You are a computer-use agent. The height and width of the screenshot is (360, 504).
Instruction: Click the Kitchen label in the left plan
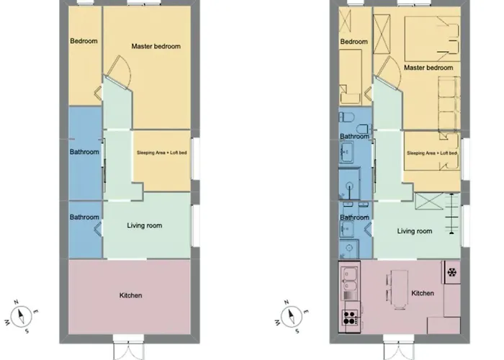coord(130,295)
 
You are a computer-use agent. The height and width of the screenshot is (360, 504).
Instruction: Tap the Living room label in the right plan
coord(414,231)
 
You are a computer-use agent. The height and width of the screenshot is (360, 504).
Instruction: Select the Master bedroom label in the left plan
coord(156,46)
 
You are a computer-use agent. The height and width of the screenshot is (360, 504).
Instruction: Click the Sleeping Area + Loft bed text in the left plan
coord(162,153)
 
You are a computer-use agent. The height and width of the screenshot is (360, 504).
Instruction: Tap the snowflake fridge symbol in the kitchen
coord(452,273)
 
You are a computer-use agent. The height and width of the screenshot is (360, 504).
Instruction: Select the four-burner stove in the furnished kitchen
coord(350,318)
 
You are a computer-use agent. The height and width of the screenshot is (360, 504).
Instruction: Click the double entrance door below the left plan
coord(128,348)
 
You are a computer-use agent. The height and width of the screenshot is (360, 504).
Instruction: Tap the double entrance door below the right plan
coord(398,348)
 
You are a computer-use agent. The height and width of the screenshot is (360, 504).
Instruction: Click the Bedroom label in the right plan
coord(354,42)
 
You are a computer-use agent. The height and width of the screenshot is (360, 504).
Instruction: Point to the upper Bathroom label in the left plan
coord(84,152)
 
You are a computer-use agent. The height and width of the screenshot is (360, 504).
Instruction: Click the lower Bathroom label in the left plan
coord(84,217)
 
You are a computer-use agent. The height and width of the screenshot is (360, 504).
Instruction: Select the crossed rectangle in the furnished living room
coord(429,201)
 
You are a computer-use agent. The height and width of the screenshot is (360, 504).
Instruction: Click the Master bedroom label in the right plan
coord(428,68)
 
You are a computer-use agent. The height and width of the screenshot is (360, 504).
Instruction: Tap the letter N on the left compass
coord(17,302)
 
